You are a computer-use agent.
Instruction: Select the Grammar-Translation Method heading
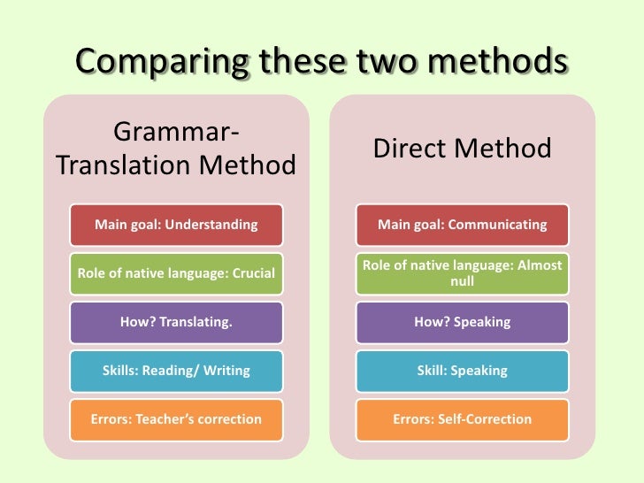(x=176, y=149)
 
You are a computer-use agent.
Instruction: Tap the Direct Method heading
(x=462, y=148)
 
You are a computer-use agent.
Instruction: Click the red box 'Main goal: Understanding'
(x=176, y=225)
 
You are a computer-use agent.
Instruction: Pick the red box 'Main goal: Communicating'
(x=462, y=225)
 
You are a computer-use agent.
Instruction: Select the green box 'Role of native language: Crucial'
(x=176, y=273)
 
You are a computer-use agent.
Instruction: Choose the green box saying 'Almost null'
(x=462, y=273)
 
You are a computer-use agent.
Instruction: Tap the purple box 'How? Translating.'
(x=176, y=322)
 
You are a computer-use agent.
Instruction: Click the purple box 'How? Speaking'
(x=462, y=322)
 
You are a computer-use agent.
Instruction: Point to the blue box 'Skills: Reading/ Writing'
(x=176, y=371)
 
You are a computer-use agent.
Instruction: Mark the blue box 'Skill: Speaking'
(x=462, y=371)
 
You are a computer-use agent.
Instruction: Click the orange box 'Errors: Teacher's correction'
(x=176, y=419)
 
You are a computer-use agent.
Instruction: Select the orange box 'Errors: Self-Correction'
(x=462, y=419)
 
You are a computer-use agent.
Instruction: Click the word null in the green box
(x=462, y=282)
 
